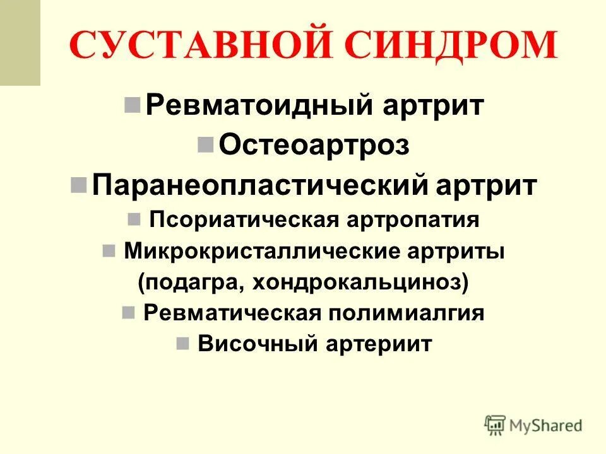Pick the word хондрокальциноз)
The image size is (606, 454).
[x=361, y=282]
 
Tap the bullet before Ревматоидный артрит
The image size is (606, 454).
[x=133, y=104]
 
